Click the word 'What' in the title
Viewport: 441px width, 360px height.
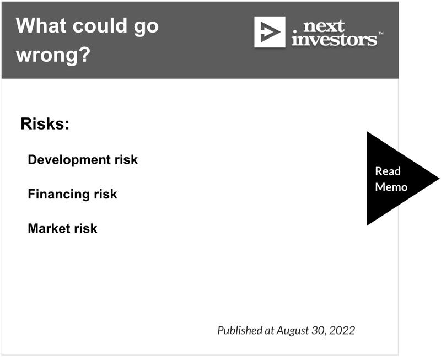(41, 25)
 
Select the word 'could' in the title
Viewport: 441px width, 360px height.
(100, 25)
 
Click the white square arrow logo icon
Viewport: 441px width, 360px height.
(270, 32)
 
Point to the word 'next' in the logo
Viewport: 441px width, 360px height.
(324, 26)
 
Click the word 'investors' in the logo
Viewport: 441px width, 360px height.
(334, 39)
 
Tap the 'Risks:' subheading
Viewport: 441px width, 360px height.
(45, 123)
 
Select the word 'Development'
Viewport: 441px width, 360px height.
(69, 160)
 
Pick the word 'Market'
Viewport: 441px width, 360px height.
(49, 228)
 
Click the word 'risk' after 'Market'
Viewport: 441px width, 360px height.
(86, 228)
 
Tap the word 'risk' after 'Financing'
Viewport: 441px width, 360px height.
(105, 194)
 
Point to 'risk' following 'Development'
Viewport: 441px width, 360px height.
(126, 160)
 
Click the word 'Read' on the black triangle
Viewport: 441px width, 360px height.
(388, 171)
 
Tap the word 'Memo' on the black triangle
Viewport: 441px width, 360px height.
(391, 187)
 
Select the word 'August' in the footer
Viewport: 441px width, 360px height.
(293, 331)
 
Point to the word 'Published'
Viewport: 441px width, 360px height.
(240, 330)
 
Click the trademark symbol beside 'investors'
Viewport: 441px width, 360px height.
(381, 33)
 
